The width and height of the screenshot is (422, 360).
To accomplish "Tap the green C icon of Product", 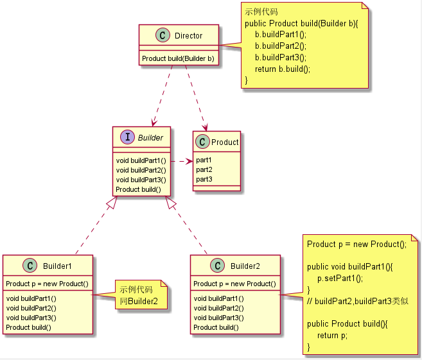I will [x=202, y=142].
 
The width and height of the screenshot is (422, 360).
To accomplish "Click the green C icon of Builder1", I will [x=30, y=266].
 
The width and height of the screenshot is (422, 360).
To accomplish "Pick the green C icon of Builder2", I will [x=217, y=266].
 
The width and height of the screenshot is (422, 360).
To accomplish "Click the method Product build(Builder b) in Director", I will [x=178, y=58].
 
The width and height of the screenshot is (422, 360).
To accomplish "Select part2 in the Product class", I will [x=204, y=169].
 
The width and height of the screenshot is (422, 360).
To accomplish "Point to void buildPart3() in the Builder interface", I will [x=141, y=180].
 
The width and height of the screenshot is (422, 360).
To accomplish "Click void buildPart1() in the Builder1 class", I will [x=31, y=298].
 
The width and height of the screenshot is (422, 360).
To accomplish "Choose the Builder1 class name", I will [x=57, y=266].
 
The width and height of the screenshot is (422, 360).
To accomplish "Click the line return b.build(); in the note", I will [x=282, y=69].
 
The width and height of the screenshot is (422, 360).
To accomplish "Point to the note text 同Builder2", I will [x=139, y=300].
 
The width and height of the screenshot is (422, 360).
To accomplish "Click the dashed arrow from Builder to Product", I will [x=181, y=160].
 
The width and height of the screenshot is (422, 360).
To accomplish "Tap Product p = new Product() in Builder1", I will [x=47, y=284].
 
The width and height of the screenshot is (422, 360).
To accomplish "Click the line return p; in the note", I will [x=332, y=336].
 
